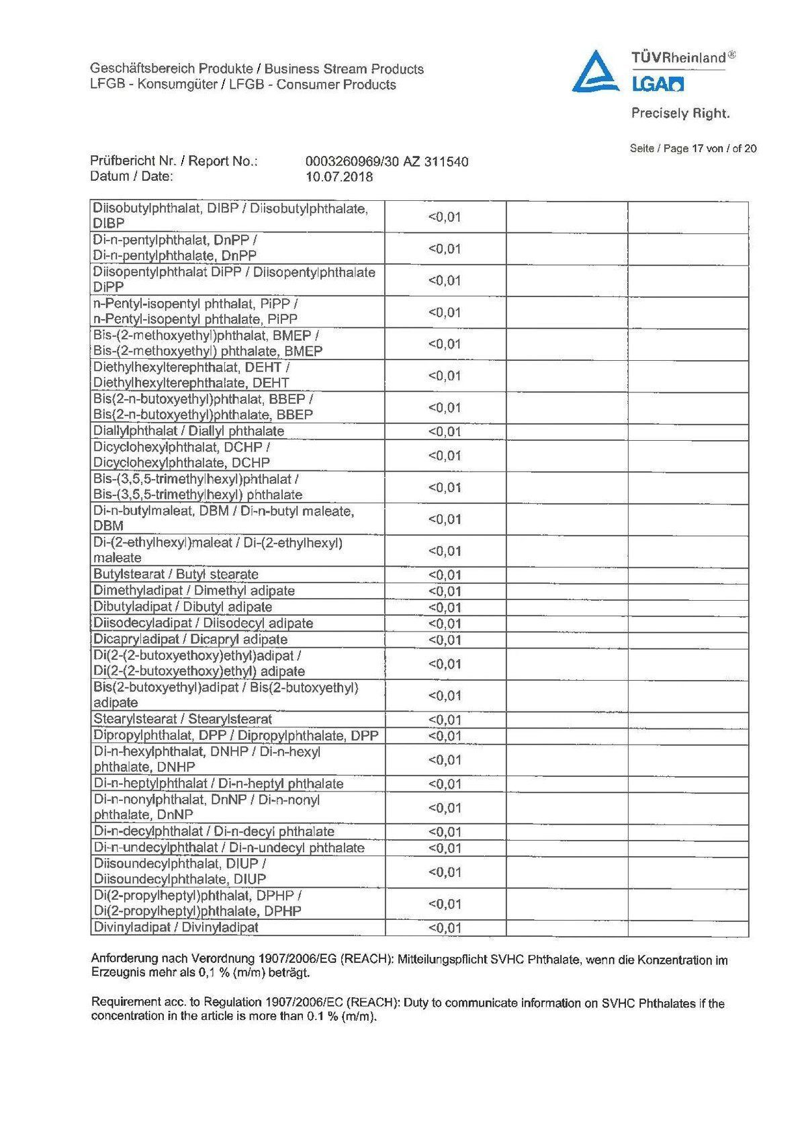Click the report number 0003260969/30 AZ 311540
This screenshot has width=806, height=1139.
386,162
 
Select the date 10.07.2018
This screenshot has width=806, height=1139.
339,177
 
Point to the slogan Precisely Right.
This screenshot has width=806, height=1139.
680,114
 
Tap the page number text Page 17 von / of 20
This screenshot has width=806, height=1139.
693,149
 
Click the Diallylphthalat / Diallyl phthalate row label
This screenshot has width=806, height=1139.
189,431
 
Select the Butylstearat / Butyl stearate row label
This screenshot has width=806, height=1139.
176,575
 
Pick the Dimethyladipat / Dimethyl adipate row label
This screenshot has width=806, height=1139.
194,591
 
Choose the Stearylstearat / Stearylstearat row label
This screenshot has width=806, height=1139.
183,720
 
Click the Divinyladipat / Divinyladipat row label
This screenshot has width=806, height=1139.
176,928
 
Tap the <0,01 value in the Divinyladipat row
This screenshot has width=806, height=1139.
445,929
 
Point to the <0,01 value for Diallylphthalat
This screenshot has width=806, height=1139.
445,432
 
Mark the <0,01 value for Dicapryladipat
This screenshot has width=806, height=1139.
445,640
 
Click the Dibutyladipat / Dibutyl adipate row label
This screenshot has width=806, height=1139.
183,607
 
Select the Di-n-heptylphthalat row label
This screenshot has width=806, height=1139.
218,784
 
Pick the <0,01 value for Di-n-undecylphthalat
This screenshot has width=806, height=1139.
445,849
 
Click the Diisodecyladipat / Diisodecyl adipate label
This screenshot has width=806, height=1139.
203,624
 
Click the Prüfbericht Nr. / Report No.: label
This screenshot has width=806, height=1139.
174,162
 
